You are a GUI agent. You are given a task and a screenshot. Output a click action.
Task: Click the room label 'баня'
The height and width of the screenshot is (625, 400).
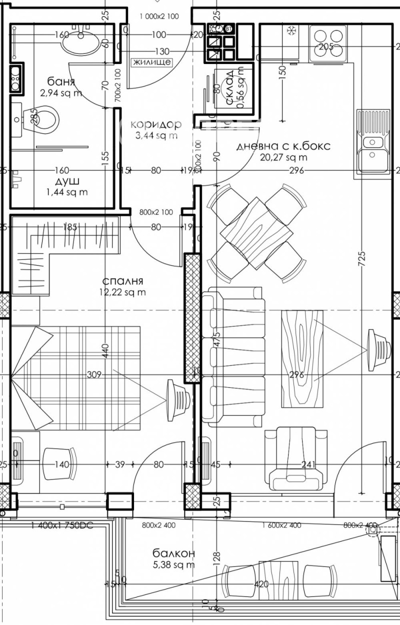pos(61,82)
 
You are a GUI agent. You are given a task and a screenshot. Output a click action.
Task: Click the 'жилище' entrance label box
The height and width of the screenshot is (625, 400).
pos(152,62)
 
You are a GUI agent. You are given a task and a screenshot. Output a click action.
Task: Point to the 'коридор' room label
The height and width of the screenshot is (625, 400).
pos(155,124)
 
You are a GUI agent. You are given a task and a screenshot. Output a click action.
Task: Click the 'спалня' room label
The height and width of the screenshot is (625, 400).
pos(122,281)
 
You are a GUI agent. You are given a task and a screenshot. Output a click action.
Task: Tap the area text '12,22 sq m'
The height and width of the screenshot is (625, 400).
pos(122,292)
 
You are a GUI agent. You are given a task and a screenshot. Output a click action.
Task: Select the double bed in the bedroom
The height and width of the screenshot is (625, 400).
pos(75,377)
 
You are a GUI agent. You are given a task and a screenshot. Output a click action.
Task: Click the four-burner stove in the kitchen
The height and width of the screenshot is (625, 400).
pos(328,42)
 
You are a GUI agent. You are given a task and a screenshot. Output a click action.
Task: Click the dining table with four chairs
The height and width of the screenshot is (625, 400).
pos(256,232)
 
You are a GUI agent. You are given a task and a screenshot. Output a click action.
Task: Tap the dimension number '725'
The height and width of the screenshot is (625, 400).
pos(362,256)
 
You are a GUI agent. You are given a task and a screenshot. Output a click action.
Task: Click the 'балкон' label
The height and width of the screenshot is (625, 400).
pos(173,553)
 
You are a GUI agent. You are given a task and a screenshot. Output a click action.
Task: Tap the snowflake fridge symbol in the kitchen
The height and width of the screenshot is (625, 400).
pos(291,31)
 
